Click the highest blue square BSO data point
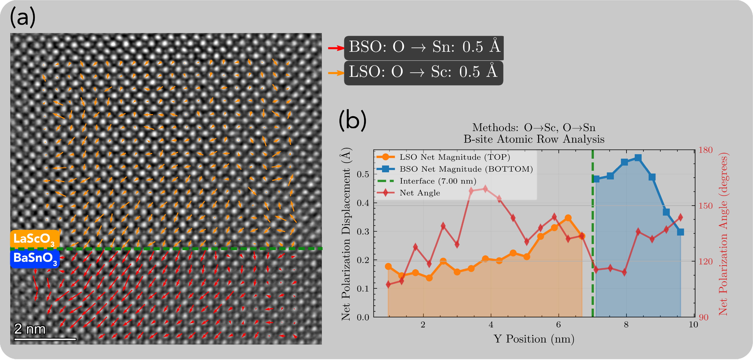[638, 158]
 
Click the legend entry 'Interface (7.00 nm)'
[438, 181]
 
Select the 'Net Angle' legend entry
[420, 193]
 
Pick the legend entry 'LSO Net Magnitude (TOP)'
[455, 157]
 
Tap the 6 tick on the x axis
[558, 325]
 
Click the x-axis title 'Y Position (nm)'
[534, 339]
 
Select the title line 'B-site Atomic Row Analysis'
[534, 139]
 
